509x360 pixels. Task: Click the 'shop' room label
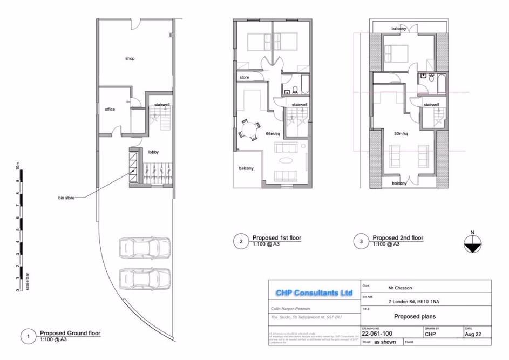pos(130,58)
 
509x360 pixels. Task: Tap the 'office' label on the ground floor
pos(110,110)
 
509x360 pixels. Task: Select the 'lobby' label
pos(153,153)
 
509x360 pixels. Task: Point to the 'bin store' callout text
pos(69,198)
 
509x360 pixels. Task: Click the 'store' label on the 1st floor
pos(244,78)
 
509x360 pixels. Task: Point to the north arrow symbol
pos(472,243)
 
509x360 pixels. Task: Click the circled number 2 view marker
pos(241,241)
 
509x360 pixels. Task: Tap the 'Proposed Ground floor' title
pos(70,333)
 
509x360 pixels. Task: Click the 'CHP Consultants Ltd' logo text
pos(314,293)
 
